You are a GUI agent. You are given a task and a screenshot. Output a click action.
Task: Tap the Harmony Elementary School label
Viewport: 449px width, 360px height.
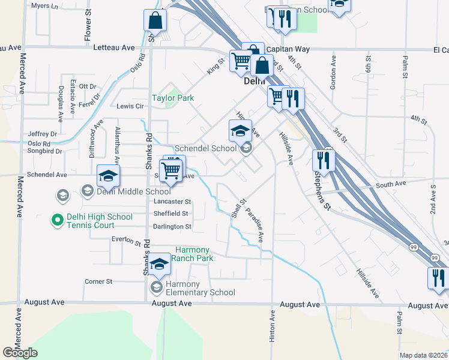(x=199, y=288)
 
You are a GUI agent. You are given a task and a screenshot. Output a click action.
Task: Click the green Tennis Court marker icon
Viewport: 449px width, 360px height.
(x=58, y=221)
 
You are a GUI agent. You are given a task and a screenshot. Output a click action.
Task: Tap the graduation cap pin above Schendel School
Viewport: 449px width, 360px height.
(x=240, y=130)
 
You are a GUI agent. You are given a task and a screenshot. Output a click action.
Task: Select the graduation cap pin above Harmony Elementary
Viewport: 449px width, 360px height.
(x=159, y=265)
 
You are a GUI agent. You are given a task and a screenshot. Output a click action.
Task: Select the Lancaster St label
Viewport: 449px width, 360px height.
(x=172, y=202)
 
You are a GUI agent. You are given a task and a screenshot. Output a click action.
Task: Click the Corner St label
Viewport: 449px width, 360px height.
(x=98, y=281)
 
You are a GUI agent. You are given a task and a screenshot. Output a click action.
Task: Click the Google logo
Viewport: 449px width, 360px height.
(x=20, y=353)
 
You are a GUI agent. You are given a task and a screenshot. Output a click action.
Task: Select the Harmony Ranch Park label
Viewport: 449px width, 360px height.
(x=194, y=254)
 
